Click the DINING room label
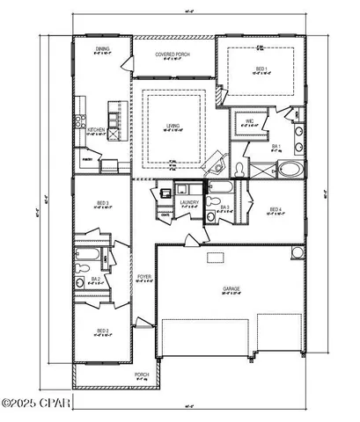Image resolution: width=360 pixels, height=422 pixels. (x=103, y=49)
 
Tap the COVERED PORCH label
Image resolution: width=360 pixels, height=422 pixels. (x=173, y=55)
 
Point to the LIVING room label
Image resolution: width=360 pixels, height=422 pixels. (x=173, y=126)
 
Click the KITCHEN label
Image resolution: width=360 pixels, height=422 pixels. (x=96, y=130)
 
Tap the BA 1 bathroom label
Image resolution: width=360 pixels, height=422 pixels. (x=276, y=147)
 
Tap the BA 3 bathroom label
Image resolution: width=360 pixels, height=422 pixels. (x=225, y=207)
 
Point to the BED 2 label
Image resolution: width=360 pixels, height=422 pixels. (x=103, y=331)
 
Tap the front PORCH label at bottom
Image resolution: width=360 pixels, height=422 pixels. (x=141, y=375)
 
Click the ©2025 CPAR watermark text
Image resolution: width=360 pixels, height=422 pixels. (x=35, y=404)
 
